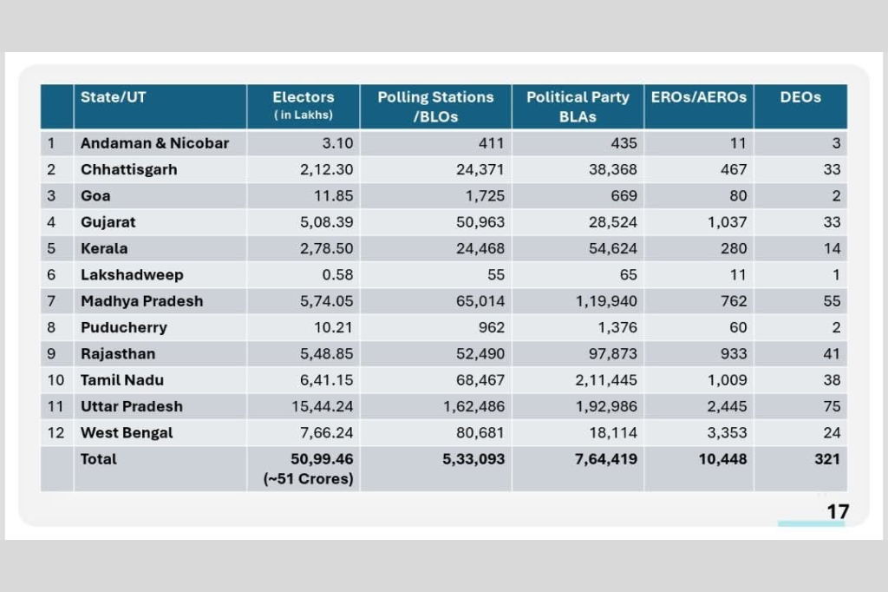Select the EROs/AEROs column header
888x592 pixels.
coord(698,98)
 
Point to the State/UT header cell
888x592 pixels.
coord(114,98)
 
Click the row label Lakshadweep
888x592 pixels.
coord(132,275)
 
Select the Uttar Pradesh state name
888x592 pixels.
coord(132,406)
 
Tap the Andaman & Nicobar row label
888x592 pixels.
coord(154,143)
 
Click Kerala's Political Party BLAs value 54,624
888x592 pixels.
coord(613,248)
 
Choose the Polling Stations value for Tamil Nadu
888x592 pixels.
coord(480,380)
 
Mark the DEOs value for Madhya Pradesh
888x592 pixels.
coord(832,301)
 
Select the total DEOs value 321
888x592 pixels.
coord(827,458)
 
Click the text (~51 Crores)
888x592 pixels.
coord(308,478)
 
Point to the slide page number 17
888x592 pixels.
coord(837,512)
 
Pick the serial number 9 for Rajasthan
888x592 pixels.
coord(51,354)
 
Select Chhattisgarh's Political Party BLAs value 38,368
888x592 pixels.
coord(613,170)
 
